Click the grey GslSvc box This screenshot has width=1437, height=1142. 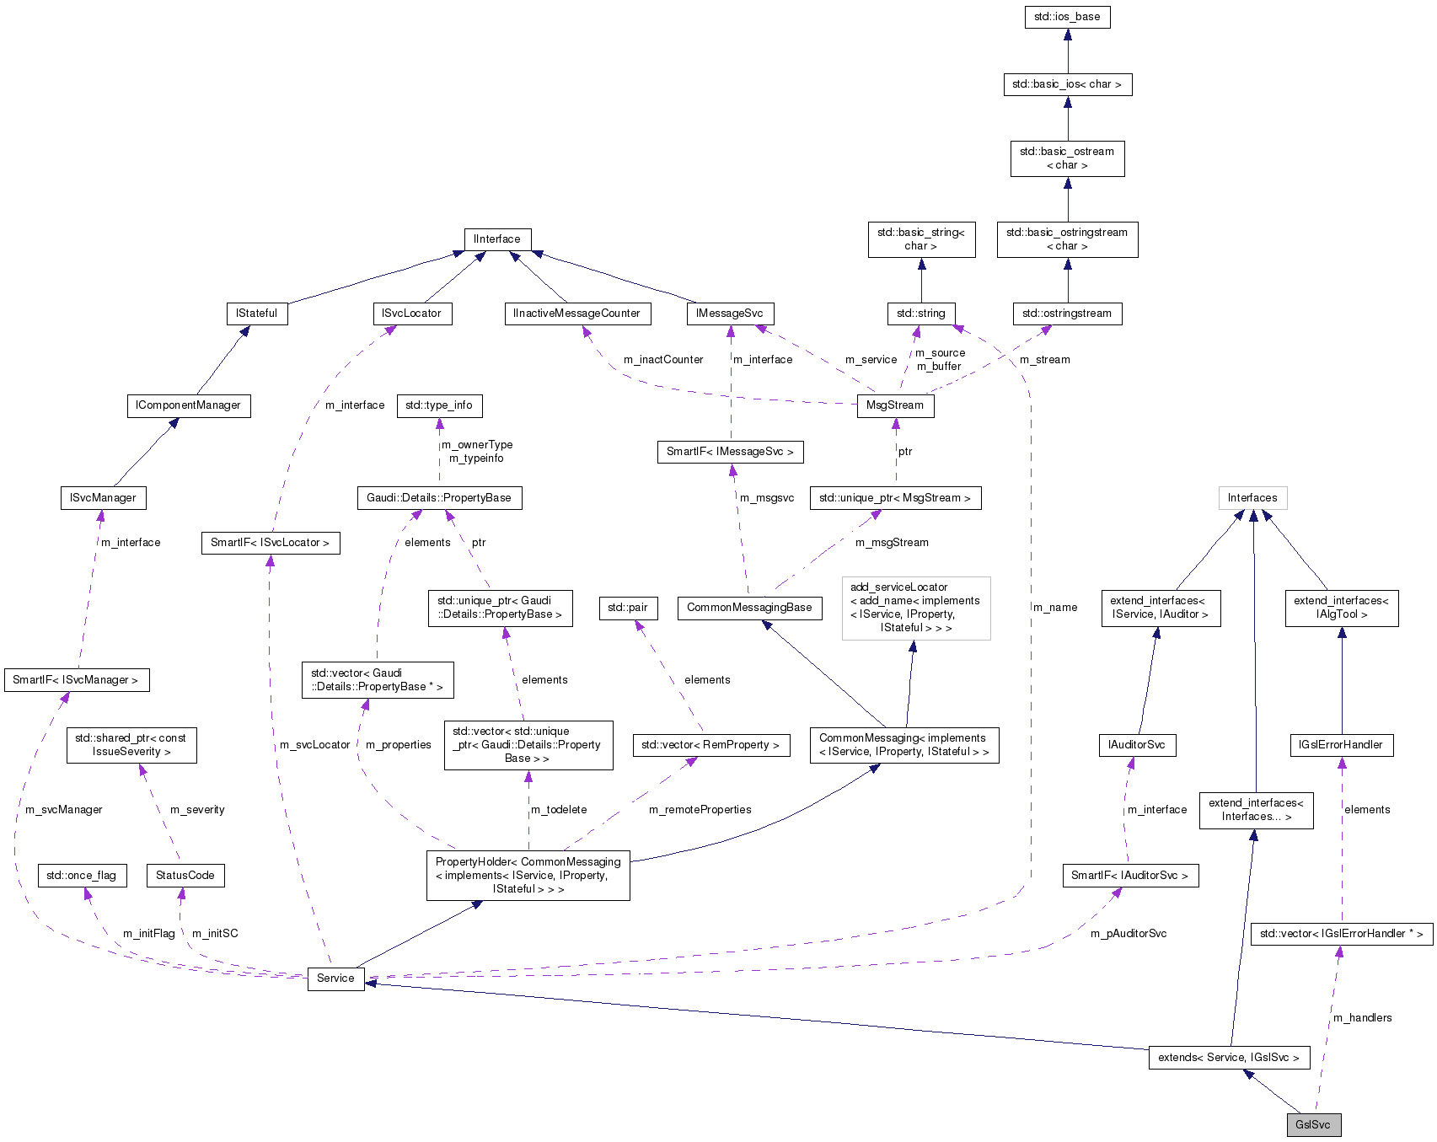(x=1313, y=1124)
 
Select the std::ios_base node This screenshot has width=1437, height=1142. (x=1067, y=17)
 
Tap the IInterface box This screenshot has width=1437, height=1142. (x=497, y=239)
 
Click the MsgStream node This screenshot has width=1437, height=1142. (x=895, y=405)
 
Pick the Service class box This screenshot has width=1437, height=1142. (x=335, y=978)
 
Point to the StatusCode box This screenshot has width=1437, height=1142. (x=185, y=876)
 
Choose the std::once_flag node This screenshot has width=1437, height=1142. (x=82, y=876)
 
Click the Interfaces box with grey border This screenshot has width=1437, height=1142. (x=1252, y=498)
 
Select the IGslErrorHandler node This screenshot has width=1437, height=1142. (x=1341, y=745)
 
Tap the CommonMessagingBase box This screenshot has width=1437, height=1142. (x=749, y=608)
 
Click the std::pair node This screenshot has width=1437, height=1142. (x=628, y=608)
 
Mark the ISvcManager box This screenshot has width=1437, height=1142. (x=103, y=498)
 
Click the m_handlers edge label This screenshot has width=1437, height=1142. (x=1363, y=1018)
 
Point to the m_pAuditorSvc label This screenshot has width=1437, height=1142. (x=1129, y=934)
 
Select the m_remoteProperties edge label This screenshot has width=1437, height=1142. (x=700, y=810)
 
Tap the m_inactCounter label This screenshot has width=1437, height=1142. (x=663, y=360)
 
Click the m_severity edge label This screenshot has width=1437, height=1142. (x=197, y=810)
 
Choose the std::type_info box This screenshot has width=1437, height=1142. (x=439, y=405)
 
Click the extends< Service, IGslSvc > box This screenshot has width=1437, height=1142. (x=1229, y=1058)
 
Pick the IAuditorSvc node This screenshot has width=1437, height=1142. (x=1137, y=745)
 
